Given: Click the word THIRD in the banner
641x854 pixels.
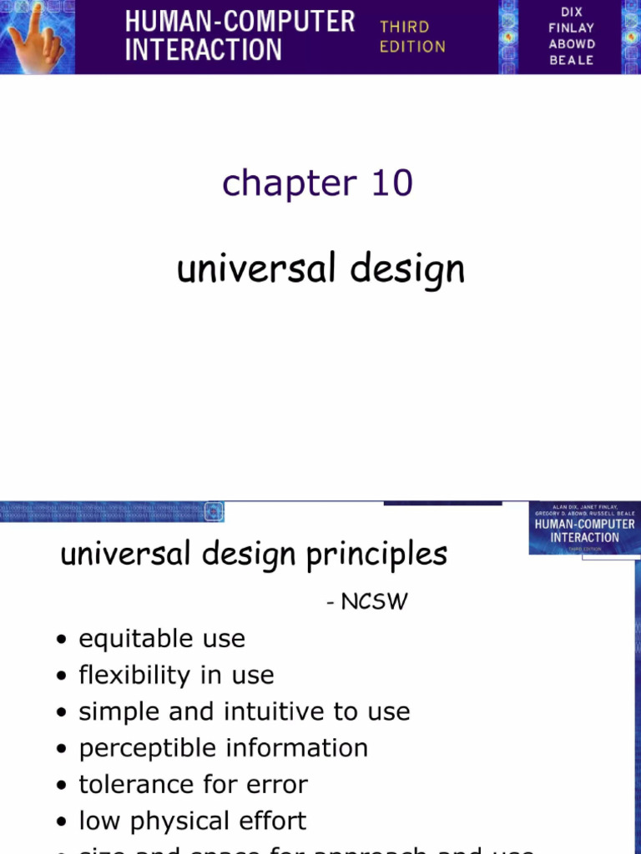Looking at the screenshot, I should tap(405, 27).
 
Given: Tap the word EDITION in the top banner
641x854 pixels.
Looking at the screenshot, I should tap(412, 47).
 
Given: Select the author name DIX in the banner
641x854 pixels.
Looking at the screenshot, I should tap(572, 12).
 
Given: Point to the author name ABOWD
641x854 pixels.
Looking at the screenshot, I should tap(572, 44).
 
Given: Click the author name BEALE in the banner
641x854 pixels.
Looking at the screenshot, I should tap(572, 60).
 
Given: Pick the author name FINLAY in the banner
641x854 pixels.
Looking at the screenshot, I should tap(572, 28).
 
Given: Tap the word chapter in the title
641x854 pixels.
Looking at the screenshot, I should tap(289, 183).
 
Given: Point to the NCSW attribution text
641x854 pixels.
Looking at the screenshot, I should tap(374, 601).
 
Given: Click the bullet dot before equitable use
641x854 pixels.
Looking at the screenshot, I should tap(63, 640).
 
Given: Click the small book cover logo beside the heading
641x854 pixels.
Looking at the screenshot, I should tap(583, 529).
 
